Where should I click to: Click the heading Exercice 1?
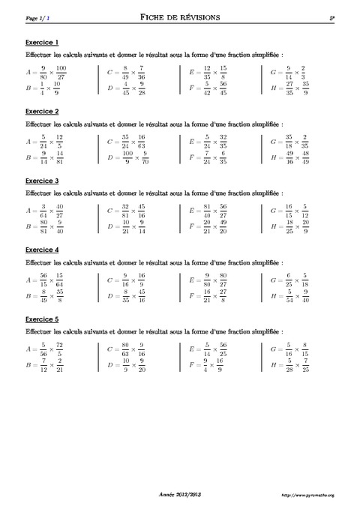[42, 42]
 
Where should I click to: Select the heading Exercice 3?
[42, 181]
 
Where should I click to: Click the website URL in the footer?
[307, 495]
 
